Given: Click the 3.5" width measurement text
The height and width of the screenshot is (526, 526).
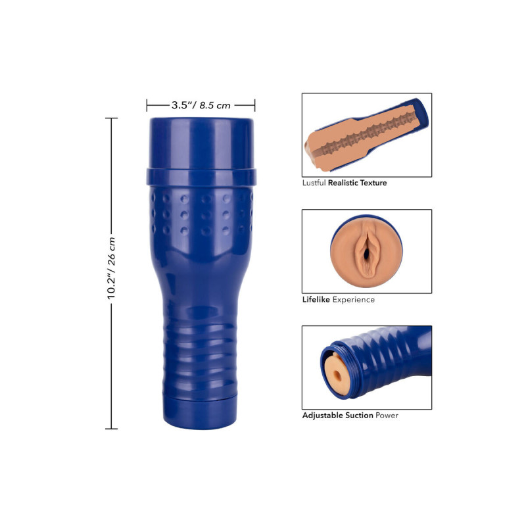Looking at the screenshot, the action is [x=181, y=105].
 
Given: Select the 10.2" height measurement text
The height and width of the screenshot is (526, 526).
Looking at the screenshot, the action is [x=111, y=284].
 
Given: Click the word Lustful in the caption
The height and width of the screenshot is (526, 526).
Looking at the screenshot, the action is [x=314, y=183].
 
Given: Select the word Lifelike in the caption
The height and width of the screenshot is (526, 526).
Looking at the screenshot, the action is [x=316, y=300].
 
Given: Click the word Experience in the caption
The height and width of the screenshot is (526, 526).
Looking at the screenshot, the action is [x=354, y=300].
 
